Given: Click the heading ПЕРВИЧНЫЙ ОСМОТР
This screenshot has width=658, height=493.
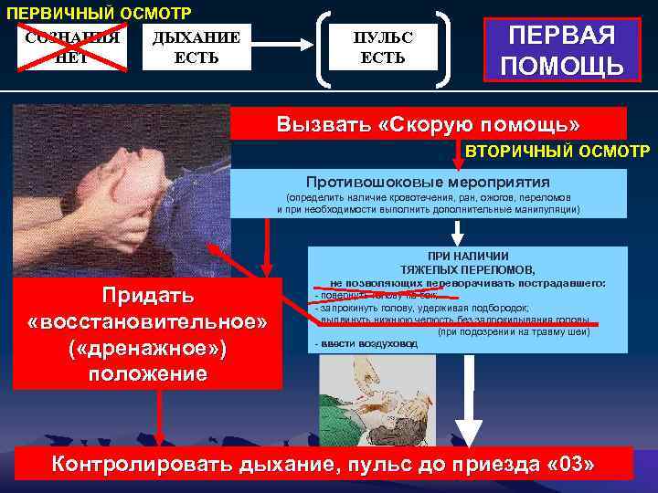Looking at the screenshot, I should tap(100, 14).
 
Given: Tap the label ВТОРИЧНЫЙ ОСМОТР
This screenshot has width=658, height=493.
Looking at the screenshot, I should tap(557, 150).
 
